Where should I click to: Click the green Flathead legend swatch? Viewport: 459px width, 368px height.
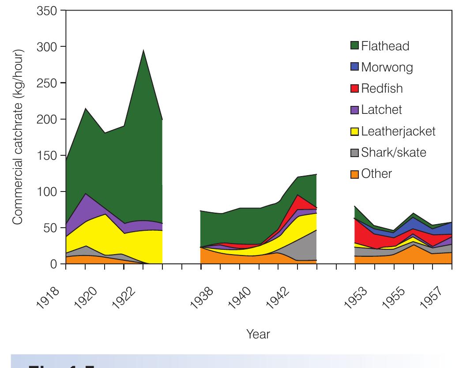coord(354,46)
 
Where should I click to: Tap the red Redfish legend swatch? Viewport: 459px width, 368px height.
coord(354,89)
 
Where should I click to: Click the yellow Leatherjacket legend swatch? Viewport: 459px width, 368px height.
coord(354,131)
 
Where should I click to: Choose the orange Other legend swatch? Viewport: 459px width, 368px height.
coord(354,173)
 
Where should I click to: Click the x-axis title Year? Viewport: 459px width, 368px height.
coord(258,334)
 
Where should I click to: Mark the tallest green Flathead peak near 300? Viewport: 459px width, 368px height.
coord(143,51)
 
